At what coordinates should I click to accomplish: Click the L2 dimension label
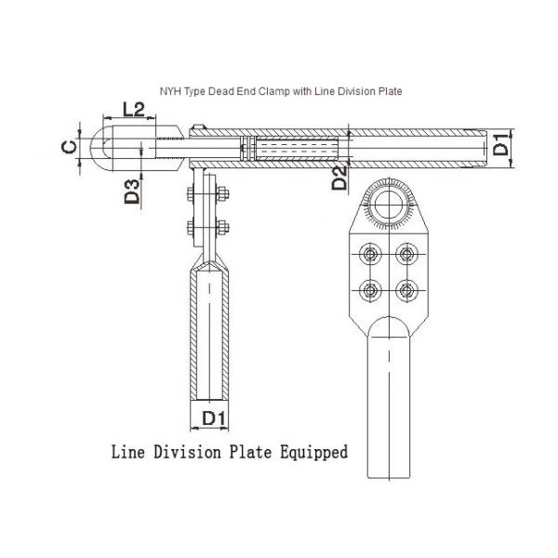(133, 109)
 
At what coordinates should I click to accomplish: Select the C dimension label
(69, 147)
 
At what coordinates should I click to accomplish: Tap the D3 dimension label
(132, 192)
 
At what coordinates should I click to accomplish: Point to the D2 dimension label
(339, 178)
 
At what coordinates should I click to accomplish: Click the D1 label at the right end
(501, 144)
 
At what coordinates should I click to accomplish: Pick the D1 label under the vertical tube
(214, 418)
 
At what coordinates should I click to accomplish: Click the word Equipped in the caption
(314, 453)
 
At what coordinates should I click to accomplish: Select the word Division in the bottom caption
(187, 452)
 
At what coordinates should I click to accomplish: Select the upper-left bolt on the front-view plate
(370, 255)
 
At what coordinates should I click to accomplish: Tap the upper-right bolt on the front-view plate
(406, 255)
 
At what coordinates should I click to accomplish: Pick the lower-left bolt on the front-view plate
(370, 291)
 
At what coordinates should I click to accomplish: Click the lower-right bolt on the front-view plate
(406, 291)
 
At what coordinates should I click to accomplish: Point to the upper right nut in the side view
(222, 194)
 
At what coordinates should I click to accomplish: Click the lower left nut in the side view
(191, 228)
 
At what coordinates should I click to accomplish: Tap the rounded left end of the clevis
(96, 148)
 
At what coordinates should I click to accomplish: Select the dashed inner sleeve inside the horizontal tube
(297, 148)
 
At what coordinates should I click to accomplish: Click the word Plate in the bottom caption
(250, 452)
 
